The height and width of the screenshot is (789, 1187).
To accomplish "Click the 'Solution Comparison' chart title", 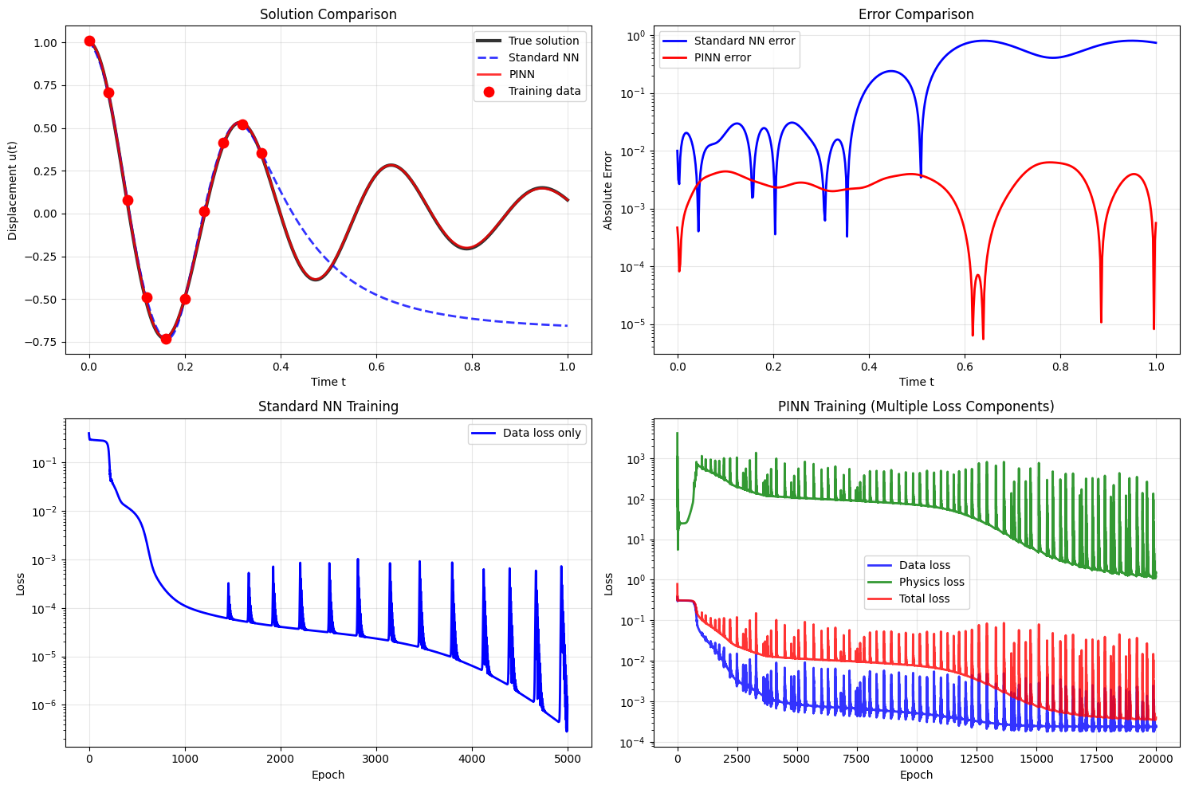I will [x=328, y=14].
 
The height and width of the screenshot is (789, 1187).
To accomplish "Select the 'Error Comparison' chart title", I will [x=916, y=14].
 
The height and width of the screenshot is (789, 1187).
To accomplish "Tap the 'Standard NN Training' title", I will [x=328, y=406].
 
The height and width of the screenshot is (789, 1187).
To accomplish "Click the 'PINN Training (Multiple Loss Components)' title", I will [x=916, y=406].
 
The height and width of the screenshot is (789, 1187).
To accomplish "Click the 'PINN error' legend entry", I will [x=722, y=57].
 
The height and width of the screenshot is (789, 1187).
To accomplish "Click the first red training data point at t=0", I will [x=89, y=41].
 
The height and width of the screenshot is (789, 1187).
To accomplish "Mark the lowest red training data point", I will [x=166, y=339].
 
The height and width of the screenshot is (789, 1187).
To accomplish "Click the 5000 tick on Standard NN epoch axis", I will [x=568, y=759].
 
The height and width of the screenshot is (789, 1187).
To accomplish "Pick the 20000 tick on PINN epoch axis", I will [x=1156, y=759].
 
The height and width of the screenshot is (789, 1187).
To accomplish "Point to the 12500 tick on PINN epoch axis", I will [x=977, y=759].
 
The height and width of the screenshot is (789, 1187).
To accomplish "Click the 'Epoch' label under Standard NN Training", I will [x=328, y=775].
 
